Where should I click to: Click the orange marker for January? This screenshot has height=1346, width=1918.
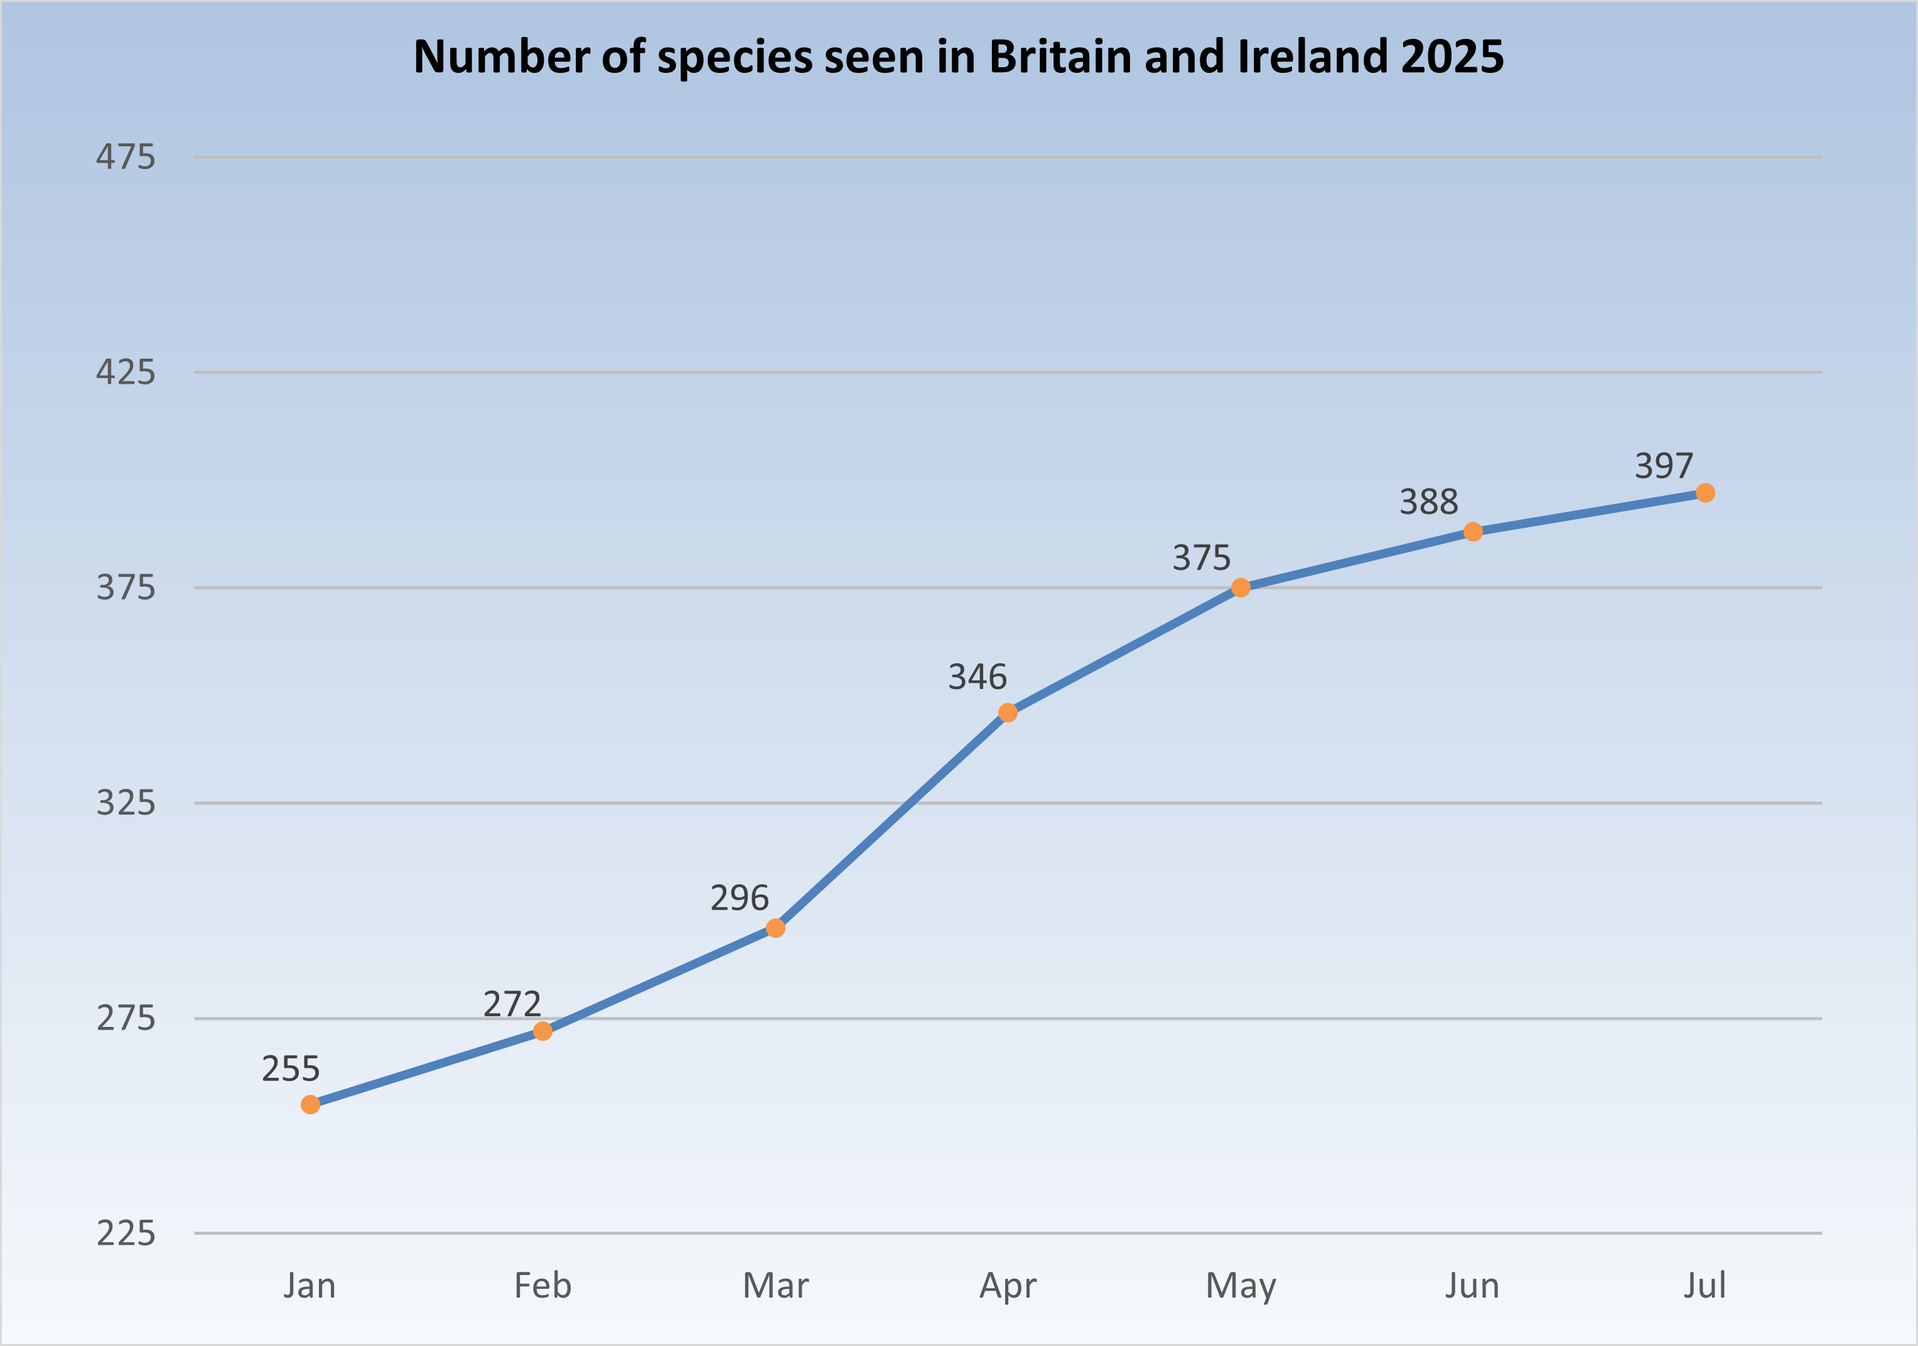(310, 1105)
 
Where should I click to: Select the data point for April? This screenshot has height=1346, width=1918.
(1008, 713)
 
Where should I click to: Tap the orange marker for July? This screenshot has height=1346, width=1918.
(1705, 493)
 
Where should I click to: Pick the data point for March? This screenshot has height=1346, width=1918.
(775, 928)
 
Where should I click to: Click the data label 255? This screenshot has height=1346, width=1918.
(291, 1068)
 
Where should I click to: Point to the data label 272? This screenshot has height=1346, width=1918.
(512, 1004)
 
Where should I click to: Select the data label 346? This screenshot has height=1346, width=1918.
(978, 676)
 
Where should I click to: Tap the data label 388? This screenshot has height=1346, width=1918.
(1428, 502)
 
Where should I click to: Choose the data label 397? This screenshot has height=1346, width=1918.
(1664, 466)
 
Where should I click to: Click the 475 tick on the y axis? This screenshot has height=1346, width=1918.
(126, 157)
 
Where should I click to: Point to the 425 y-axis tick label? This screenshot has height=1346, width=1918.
(126, 372)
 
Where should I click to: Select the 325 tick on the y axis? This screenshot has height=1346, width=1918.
(126, 803)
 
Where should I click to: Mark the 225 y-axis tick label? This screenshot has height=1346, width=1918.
(126, 1233)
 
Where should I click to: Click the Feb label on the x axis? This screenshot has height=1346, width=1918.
(543, 1286)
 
